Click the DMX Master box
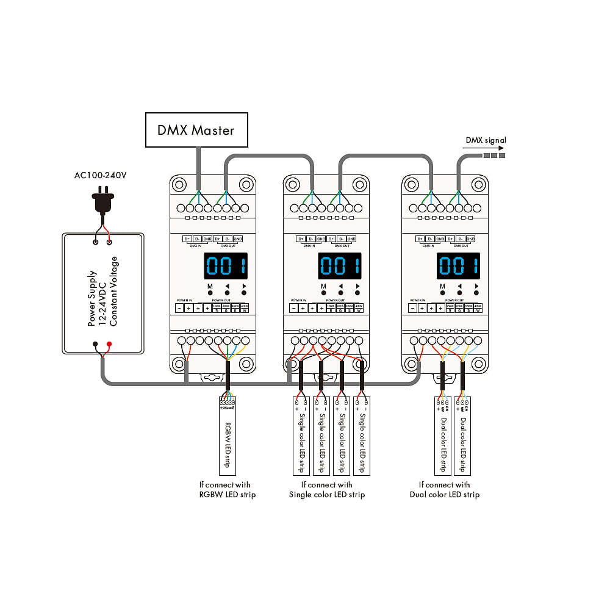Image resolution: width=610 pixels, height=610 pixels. [196, 130]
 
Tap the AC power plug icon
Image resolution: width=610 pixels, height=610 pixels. [102, 200]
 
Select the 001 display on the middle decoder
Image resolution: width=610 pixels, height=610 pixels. [340, 266]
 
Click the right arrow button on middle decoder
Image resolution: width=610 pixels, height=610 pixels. [359, 293]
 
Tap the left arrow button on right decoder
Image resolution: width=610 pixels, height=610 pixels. [461, 293]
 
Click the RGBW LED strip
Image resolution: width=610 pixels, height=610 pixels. [228, 436]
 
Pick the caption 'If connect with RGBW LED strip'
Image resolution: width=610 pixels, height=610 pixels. [228, 490]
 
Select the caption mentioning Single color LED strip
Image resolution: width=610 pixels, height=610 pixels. [327, 490]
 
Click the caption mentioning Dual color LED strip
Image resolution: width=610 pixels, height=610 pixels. [445, 490]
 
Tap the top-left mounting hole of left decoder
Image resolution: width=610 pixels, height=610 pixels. [179, 184]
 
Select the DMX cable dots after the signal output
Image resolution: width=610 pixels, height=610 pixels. [494, 156]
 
